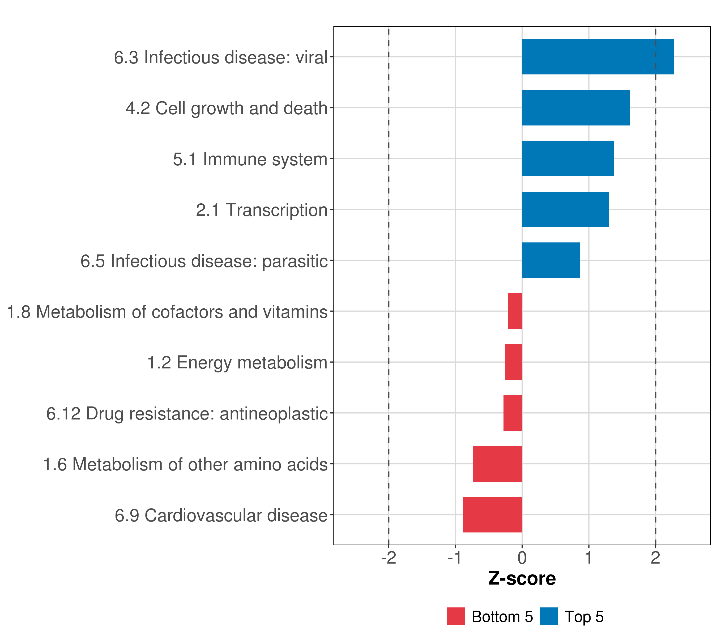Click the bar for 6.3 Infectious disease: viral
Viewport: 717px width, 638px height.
point(597,57)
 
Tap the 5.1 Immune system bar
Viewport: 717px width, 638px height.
point(567,158)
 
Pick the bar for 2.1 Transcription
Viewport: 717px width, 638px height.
point(565,209)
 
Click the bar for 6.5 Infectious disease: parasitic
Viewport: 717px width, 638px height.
point(550,260)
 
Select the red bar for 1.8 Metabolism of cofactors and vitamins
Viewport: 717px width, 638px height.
point(515,311)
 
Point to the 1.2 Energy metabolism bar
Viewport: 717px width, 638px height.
point(513,362)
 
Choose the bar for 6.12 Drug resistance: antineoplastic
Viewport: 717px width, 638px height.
point(513,413)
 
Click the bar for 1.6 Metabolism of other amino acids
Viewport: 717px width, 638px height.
point(497,464)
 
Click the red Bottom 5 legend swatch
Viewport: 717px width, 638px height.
point(456,616)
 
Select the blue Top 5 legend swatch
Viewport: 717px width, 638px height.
point(549,616)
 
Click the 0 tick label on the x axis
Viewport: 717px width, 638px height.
point(522,558)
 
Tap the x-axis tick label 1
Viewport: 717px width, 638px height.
point(589,558)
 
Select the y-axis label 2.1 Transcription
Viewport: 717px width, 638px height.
point(261,210)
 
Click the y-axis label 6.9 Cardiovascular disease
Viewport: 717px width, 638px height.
point(221,515)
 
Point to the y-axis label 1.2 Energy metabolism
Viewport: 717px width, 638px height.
point(237,363)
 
